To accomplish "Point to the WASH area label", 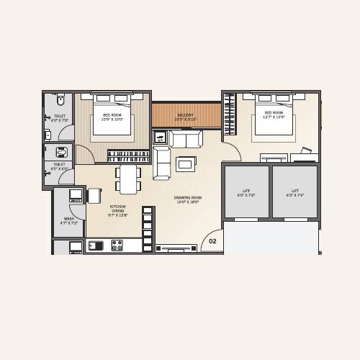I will [69, 221].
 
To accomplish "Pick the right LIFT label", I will [294, 192].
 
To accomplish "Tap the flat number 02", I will [212, 242].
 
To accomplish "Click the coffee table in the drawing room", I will [185, 163].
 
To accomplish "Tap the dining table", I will [129, 179].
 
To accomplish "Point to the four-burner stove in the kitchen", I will [117, 245].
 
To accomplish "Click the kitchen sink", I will [96, 246].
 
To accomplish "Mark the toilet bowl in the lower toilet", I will [62, 152].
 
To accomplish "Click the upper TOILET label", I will [59, 117].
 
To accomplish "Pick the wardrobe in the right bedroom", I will [230, 115].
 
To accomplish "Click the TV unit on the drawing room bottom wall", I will [176, 248].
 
